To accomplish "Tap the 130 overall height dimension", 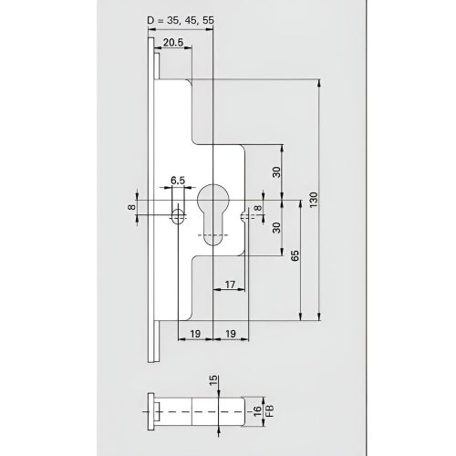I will pos(312,200).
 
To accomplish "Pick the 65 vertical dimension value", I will pos(295,258).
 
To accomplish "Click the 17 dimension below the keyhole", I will pos(231,285).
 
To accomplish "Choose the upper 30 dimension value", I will pos(275,172).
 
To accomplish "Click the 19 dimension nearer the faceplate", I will pos(195,335).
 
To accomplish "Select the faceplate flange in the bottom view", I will pos(150,411).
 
